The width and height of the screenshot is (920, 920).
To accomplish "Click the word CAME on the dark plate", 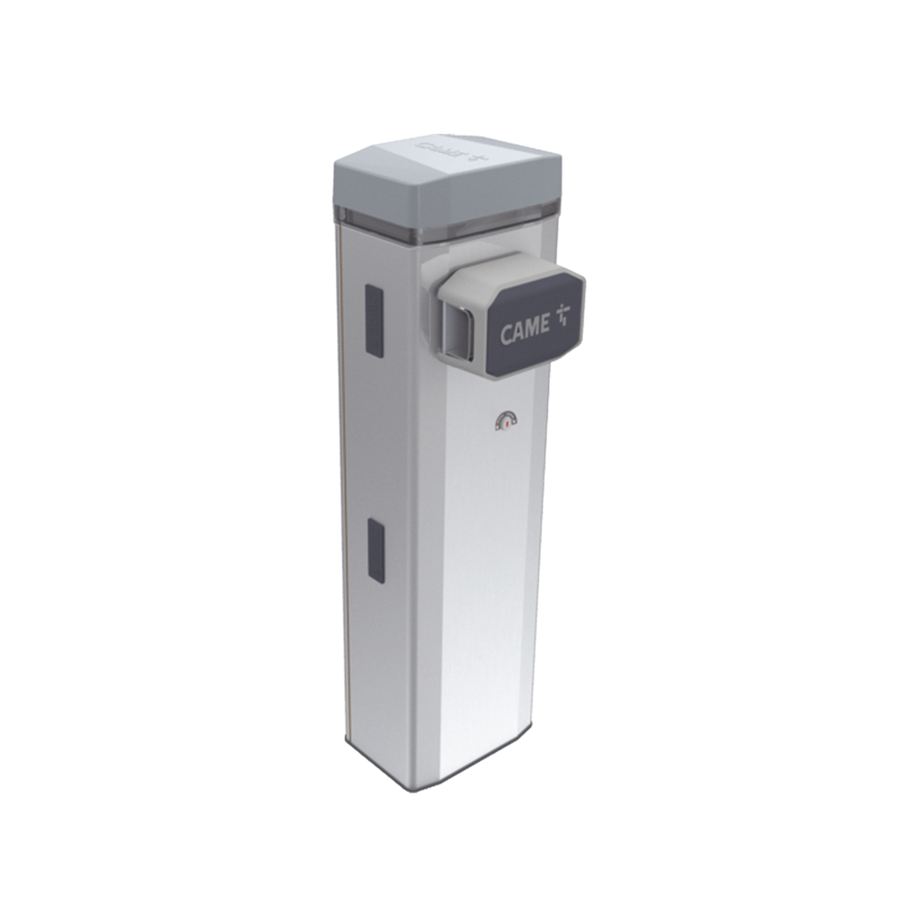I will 525,332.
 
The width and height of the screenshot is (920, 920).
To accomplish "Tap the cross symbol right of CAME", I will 563,315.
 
